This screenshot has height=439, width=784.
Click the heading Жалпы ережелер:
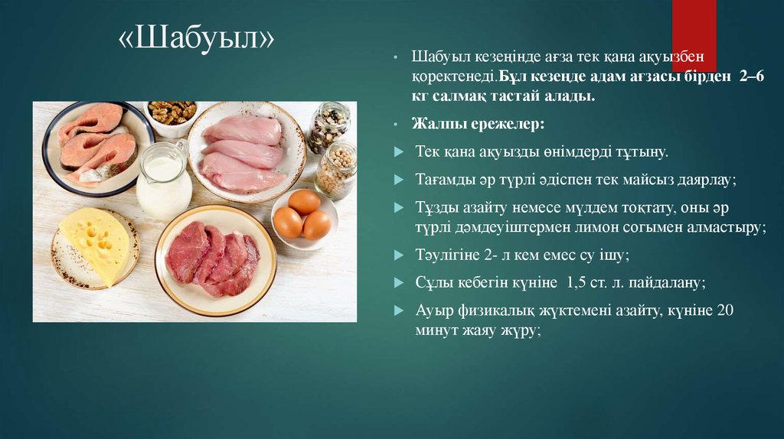pos(456,123)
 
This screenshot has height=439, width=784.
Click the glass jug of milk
pos(164,183)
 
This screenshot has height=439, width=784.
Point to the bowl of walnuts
pos(171,115)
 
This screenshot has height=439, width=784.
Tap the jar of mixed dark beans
pos(328,127)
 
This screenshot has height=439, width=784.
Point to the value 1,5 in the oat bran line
pos(581,282)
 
